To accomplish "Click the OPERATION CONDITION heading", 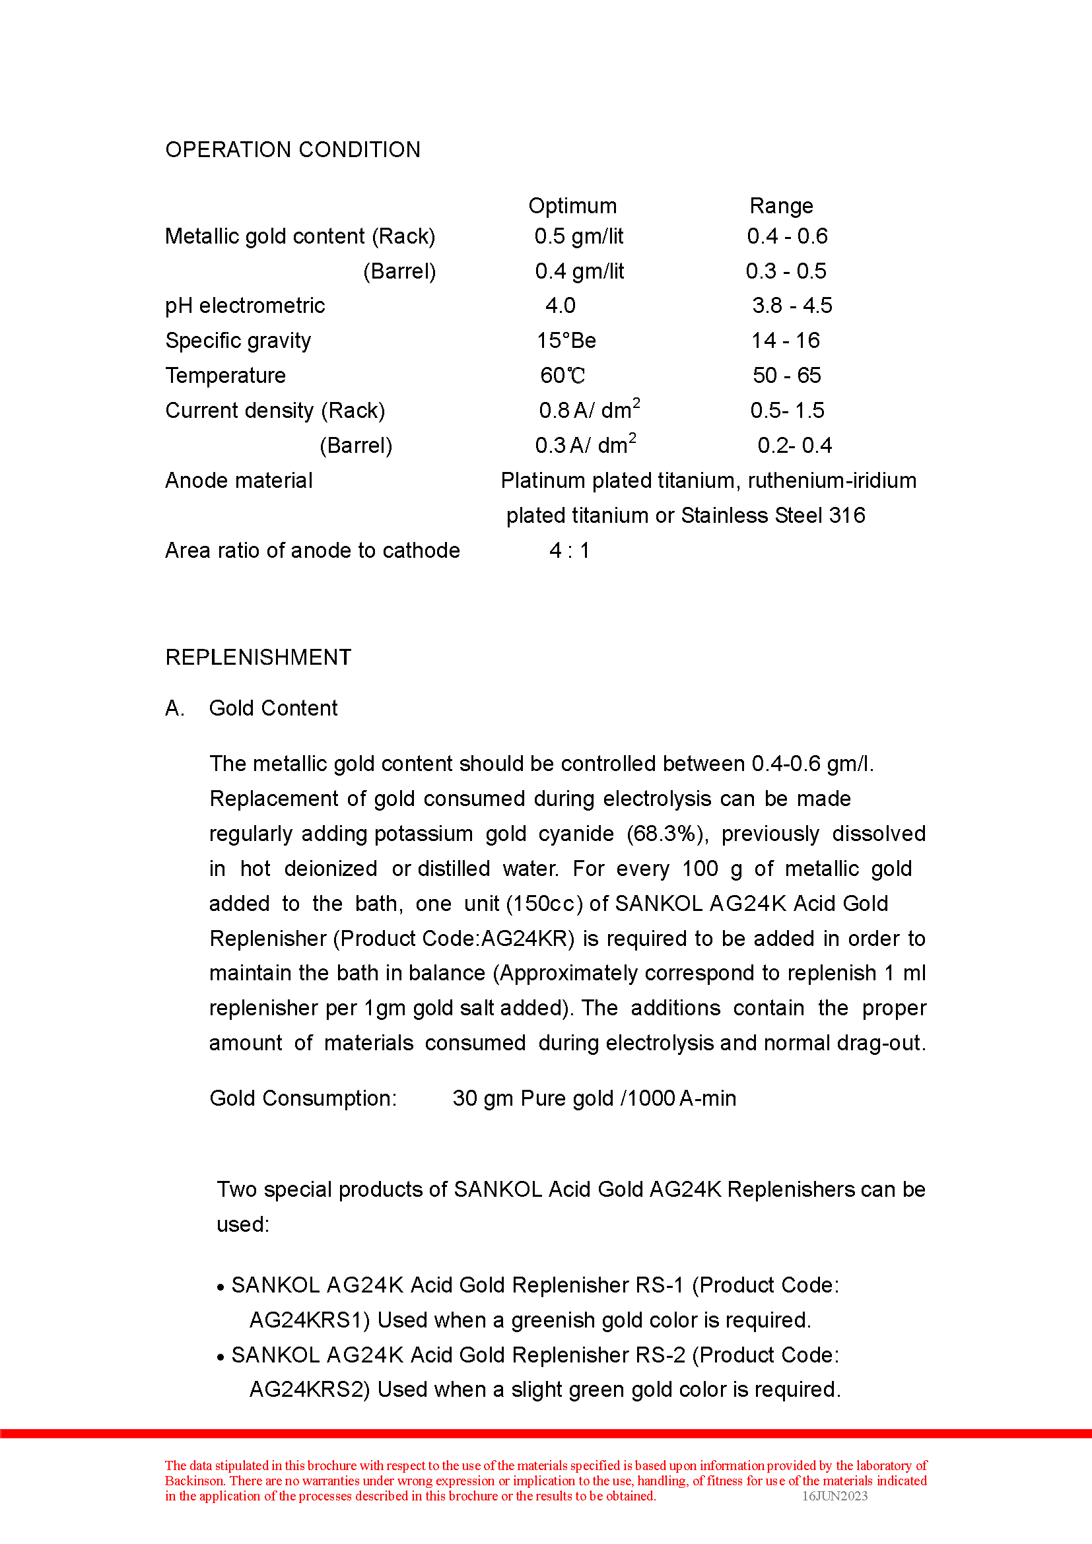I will pyautogui.click(x=292, y=149).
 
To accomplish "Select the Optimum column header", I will pyautogui.click(x=572, y=206).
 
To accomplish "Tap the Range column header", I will pyautogui.click(x=780, y=206).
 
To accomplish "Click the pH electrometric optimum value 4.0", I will pyautogui.click(x=560, y=306).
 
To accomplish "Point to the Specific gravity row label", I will pyautogui.click(x=238, y=341).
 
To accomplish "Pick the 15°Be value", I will pyautogui.click(x=566, y=341).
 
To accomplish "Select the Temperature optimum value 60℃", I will pyautogui.click(x=563, y=376).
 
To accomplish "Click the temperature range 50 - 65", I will pyautogui.click(x=787, y=375).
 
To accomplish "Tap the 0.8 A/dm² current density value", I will pyautogui.click(x=589, y=409).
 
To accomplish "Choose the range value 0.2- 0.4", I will pyautogui.click(x=794, y=445).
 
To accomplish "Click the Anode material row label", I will pyautogui.click(x=239, y=481).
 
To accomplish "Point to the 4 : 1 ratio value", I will pyautogui.click(x=569, y=551).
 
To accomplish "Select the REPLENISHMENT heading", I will pyautogui.click(x=258, y=657).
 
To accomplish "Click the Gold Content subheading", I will pyautogui.click(x=273, y=708).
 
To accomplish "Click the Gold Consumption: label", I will pyautogui.click(x=303, y=1098).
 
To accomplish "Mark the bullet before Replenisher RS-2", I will pyautogui.click(x=220, y=1358).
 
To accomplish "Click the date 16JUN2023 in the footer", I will pyautogui.click(x=835, y=1496).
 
